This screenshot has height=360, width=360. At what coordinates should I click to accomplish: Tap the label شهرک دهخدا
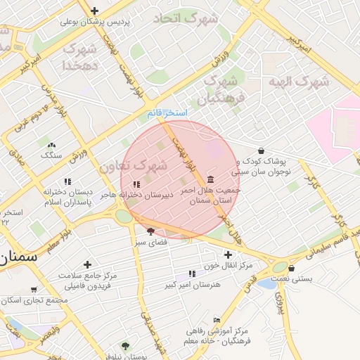coord(79,57)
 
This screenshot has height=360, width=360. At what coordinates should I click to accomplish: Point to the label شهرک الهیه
coord(298,81)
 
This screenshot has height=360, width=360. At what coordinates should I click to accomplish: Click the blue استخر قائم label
coord(168,113)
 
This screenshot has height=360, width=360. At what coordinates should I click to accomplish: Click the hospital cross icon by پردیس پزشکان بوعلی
coord(94,11)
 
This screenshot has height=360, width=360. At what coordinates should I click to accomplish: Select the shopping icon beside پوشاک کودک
coord(262,150)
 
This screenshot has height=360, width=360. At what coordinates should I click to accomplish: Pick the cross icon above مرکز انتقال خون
coord(227,255)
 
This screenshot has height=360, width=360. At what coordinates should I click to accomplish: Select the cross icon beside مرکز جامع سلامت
coord(87,265)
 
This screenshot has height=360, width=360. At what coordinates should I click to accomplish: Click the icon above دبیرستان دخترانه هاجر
coord(136,184)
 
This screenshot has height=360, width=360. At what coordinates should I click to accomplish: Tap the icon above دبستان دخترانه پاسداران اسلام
coord(67,181)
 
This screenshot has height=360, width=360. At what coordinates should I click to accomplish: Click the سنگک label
coord(51,154)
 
